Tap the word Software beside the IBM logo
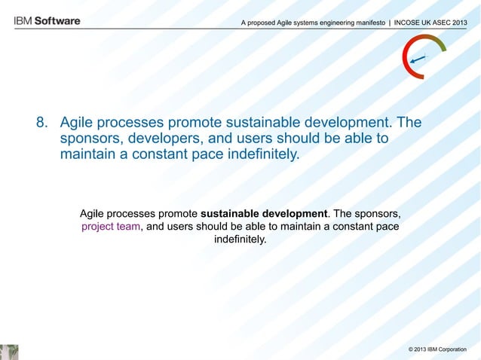point(56,22)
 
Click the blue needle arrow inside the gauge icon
point(418,59)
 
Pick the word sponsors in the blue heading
point(90,139)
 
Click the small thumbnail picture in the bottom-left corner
point(9,352)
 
